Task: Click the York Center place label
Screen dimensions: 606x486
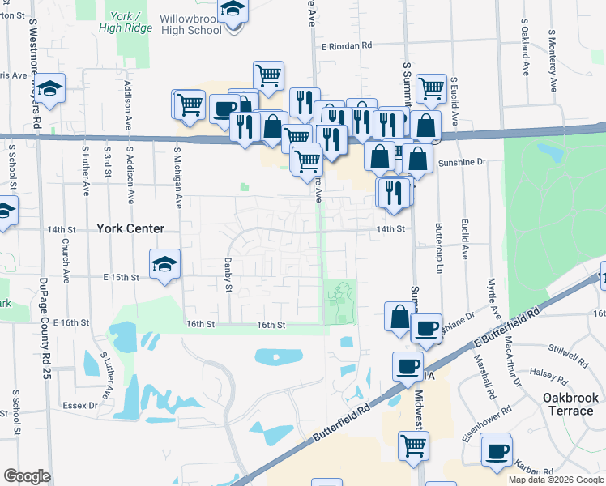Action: pyautogui.click(x=130, y=229)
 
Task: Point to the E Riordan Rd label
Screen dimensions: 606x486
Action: pyautogui.click(x=346, y=46)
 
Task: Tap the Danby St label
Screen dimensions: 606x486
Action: pyautogui.click(x=228, y=276)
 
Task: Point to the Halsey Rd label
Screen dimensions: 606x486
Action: pyautogui.click(x=549, y=376)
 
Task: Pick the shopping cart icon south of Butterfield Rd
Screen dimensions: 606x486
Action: pyautogui.click(x=413, y=445)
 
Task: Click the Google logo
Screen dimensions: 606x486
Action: pyautogui.click(x=27, y=476)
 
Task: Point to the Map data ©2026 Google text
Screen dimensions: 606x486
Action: pyautogui.click(x=555, y=480)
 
